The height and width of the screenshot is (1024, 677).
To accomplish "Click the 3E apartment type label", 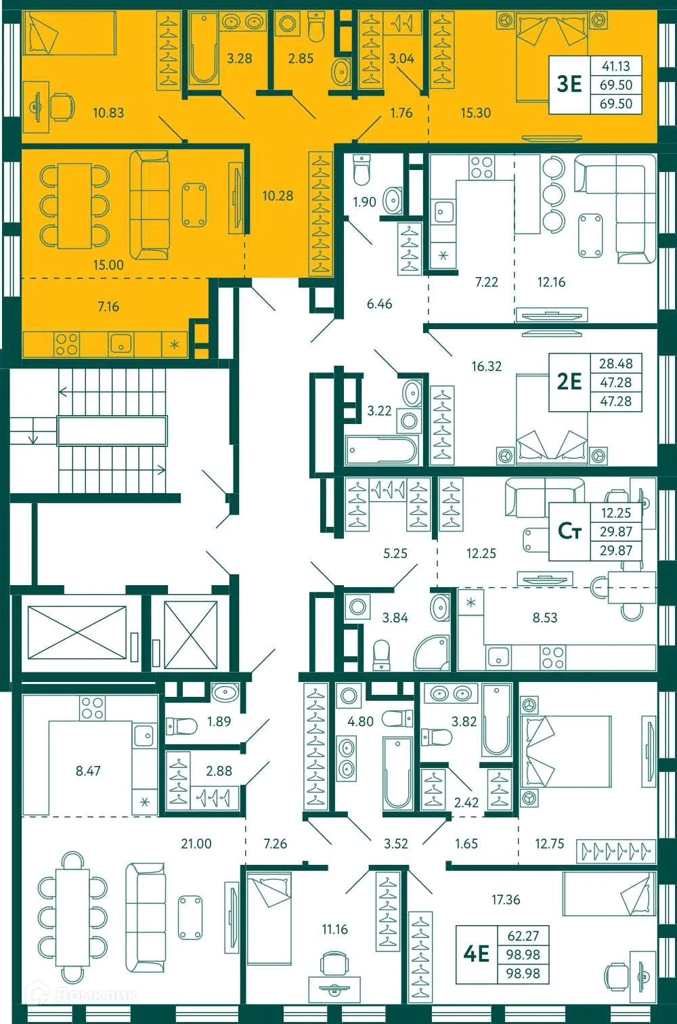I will (569, 84).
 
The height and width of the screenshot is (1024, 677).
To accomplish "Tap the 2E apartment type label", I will (569, 382).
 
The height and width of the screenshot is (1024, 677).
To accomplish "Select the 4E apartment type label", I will (476, 954).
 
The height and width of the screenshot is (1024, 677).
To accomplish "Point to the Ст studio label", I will (569, 531).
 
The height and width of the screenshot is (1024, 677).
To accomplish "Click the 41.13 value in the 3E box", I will (615, 66).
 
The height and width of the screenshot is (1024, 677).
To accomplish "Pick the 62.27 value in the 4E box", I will (523, 935).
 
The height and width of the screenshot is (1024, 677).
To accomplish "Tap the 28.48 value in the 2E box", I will (615, 364).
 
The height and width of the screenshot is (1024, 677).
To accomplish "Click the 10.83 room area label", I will (108, 112).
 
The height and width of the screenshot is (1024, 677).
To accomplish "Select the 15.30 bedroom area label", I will (475, 112).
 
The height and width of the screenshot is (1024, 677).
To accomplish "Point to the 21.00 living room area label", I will (196, 844).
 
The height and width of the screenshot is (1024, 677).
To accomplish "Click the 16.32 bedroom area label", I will (486, 366).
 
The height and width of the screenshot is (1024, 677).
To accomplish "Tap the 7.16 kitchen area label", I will (108, 307).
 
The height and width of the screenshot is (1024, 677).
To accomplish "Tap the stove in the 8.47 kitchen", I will (92, 708).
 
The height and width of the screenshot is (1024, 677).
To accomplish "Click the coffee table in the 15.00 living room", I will (194, 205).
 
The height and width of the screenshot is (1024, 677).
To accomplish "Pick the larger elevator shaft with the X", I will (77, 632).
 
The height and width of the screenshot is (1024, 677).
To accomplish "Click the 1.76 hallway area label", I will (401, 112).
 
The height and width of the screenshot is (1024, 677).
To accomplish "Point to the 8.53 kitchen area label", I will (544, 618).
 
